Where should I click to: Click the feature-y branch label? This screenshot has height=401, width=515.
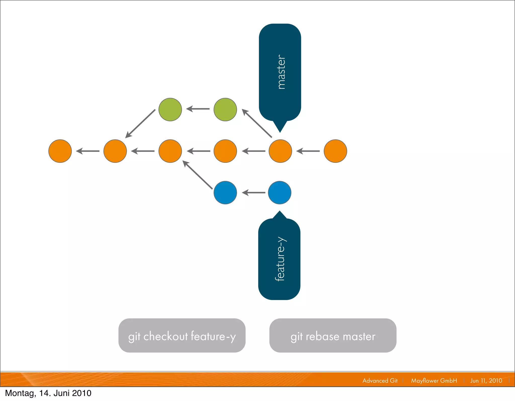click(279, 259)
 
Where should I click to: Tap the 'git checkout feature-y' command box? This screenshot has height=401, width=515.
click(182, 336)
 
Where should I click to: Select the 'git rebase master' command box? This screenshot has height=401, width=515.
click(333, 336)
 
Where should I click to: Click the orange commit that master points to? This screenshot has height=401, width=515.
click(280, 151)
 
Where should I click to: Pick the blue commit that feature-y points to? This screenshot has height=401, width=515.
click(280, 193)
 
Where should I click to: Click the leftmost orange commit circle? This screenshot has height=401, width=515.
click(60, 151)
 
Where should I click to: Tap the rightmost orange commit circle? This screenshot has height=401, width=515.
click(335, 151)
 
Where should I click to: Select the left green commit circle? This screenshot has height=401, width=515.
click(170, 110)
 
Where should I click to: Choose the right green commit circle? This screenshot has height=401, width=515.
click(225, 110)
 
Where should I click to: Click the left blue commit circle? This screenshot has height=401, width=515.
click(225, 193)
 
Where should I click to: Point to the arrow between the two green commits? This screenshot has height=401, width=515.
click(198, 109)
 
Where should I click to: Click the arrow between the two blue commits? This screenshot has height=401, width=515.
click(253, 193)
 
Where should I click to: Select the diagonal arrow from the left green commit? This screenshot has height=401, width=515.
click(140, 124)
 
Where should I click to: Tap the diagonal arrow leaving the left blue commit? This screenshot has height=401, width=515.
click(197, 175)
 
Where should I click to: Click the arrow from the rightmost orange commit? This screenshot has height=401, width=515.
click(308, 151)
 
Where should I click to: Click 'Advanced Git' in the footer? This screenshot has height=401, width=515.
click(380, 381)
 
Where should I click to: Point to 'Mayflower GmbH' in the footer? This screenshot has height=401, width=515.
click(434, 381)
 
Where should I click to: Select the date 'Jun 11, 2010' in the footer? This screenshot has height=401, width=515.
click(486, 381)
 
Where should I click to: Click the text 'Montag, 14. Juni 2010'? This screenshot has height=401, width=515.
click(48, 393)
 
